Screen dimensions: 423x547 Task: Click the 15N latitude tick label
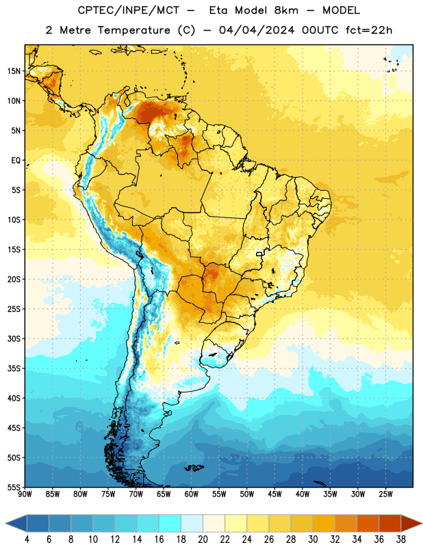click(14, 71)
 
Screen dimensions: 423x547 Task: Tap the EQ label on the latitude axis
click(16, 161)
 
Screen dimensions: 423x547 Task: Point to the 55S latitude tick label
click(14, 488)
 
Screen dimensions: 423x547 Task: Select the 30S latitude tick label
click(14, 338)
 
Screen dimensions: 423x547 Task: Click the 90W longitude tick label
click(25, 494)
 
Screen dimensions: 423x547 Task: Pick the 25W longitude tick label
click(385, 494)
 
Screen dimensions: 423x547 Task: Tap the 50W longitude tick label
click(247, 494)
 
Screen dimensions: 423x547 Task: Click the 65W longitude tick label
click(164, 494)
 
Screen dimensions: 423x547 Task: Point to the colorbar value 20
click(203, 539)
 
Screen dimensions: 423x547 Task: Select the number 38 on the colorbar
click(400, 539)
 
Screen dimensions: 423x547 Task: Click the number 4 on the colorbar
click(27, 539)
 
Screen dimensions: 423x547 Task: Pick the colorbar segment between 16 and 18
click(170, 523)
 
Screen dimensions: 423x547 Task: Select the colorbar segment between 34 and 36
click(368, 523)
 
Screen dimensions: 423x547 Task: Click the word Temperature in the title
click(133, 30)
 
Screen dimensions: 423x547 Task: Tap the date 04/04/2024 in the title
click(257, 30)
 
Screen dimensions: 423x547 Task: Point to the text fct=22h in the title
click(369, 30)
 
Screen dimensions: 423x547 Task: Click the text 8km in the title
click(286, 10)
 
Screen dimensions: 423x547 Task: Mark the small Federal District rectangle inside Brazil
click(259, 254)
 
